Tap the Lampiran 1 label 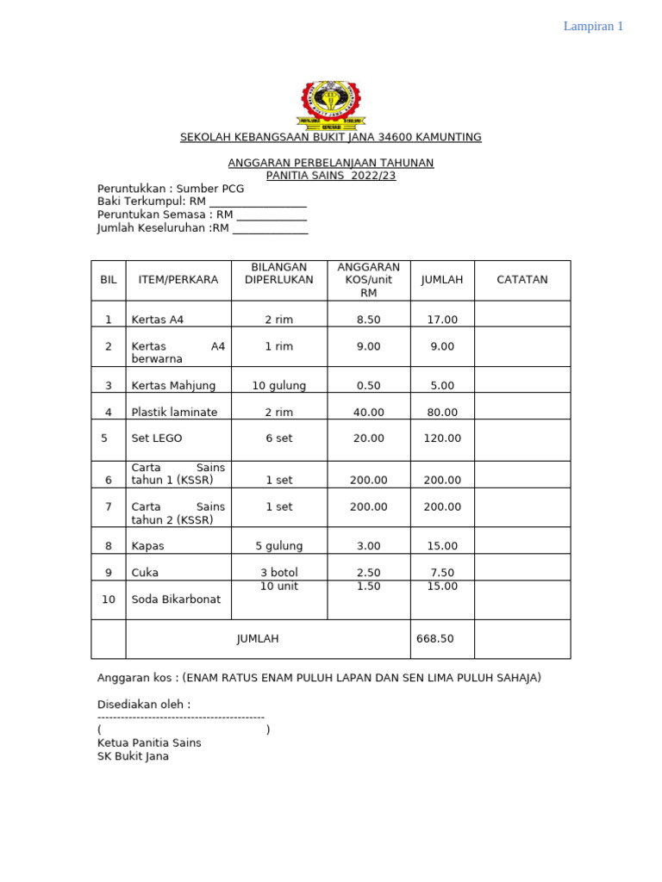coord(593,26)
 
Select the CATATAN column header coord(521,280)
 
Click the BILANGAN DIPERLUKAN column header coord(278,273)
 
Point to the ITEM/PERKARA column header coord(178,280)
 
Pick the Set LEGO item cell coord(157,438)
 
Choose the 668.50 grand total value coord(434,639)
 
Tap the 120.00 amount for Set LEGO coord(442,438)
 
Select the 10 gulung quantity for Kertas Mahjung coord(278,386)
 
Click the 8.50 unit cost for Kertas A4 coord(368,320)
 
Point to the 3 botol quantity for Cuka coord(278,573)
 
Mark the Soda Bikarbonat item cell coord(175,599)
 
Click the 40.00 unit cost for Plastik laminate coord(368,413)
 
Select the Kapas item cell coord(147,546)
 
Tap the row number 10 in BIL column coord(109,599)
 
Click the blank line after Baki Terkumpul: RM coord(258,202)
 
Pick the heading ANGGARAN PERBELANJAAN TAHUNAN coord(331,163)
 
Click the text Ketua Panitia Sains coord(149,742)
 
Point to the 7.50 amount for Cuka coord(442,573)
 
